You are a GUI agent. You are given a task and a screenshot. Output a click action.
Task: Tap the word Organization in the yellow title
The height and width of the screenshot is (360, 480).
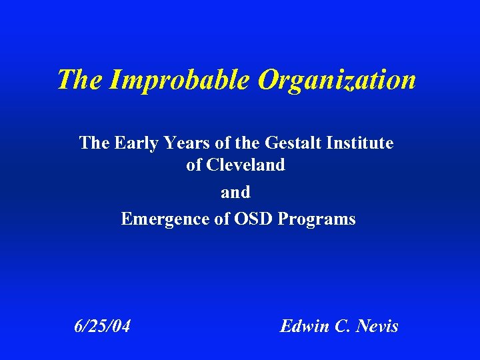(337, 81)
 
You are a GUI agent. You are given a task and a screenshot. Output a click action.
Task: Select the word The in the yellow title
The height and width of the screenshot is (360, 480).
(79, 81)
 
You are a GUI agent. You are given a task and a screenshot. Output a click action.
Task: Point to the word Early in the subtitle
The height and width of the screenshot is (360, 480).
(136, 143)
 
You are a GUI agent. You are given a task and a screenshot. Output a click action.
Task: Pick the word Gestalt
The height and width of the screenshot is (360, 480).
(291, 143)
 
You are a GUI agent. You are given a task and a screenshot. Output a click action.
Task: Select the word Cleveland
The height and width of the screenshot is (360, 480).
(245, 165)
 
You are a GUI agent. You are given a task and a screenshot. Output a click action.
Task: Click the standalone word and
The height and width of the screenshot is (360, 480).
(235, 193)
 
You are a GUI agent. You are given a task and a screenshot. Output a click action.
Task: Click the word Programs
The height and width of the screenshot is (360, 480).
(315, 219)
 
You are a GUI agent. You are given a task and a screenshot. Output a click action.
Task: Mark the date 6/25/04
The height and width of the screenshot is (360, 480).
(102, 326)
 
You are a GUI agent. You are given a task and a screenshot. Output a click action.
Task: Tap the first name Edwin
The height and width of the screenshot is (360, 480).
(304, 326)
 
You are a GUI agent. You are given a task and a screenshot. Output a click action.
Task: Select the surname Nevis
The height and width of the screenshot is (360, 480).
(377, 326)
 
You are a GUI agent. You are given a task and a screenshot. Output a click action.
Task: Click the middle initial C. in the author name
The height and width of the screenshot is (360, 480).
(344, 326)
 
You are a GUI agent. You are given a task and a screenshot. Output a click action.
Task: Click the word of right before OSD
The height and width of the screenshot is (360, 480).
(222, 219)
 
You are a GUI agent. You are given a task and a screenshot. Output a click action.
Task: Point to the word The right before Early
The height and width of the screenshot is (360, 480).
(94, 143)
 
